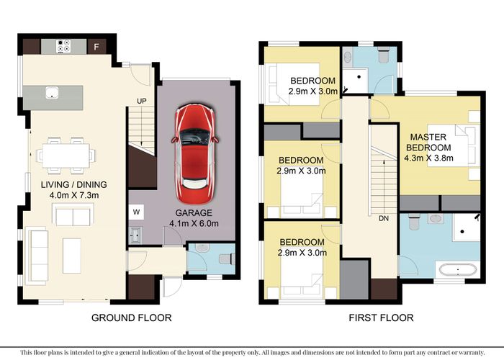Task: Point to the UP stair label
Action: [x=142, y=101]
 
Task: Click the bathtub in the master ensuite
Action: [x=456, y=270]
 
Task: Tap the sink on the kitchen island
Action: [x=52, y=92]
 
